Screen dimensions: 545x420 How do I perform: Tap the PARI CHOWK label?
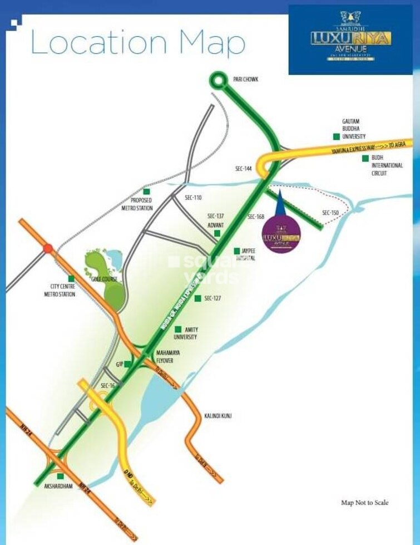(246, 80)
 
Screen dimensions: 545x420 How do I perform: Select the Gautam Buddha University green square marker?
(336, 136)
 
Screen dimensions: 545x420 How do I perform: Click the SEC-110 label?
(194, 198)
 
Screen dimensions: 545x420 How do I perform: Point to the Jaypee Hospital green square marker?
(237, 251)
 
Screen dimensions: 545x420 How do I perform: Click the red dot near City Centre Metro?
(48, 248)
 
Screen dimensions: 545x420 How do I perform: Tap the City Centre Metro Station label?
(59, 290)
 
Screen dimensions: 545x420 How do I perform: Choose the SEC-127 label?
(213, 298)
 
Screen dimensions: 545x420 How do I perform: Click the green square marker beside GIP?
(128, 364)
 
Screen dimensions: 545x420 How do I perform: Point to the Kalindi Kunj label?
(218, 415)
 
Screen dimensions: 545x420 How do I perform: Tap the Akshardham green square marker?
(60, 476)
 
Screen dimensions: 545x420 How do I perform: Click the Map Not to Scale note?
(364, 503)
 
